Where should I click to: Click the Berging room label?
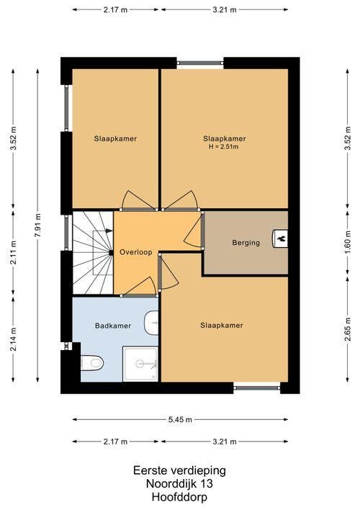tap(246, 243)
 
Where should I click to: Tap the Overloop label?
tap(136, 252)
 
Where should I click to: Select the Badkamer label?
tap(113, 326)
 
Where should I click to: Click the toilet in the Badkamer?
tap(91, 362)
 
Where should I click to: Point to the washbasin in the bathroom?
tap(151, 323)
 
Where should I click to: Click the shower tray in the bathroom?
tap(140, 364)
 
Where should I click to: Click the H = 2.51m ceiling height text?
tap(224, 147)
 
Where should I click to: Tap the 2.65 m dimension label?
tap(348, 328)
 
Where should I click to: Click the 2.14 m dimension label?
tap(14, 339)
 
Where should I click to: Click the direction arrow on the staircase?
tap(109, 231)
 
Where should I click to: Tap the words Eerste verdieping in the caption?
tap(179, 470)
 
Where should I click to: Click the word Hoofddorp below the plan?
tap(179, 497)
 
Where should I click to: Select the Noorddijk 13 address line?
tap(179, 483)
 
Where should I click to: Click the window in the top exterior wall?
tap(200, 63)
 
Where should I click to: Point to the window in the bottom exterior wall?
tap(257, 388)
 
